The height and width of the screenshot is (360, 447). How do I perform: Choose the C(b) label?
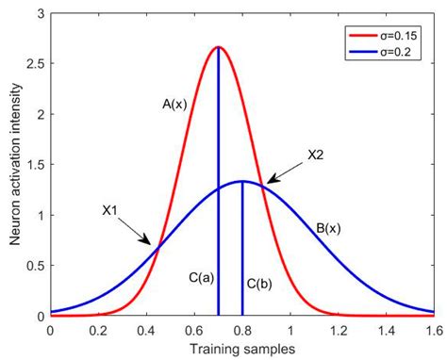coord(261,283)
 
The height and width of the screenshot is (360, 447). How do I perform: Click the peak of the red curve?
coord(218,47)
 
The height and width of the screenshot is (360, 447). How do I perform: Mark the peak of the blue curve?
coord(242,181)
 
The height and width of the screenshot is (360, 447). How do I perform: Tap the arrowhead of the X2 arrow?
coord(268,182)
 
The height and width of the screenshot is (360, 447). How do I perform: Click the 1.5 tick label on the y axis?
coord(35,165)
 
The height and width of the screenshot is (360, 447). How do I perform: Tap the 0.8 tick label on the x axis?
coord(242,330)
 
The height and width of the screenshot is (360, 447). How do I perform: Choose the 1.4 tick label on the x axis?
coord(387,330)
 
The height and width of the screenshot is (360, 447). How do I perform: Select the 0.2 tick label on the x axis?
coord(98,330)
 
